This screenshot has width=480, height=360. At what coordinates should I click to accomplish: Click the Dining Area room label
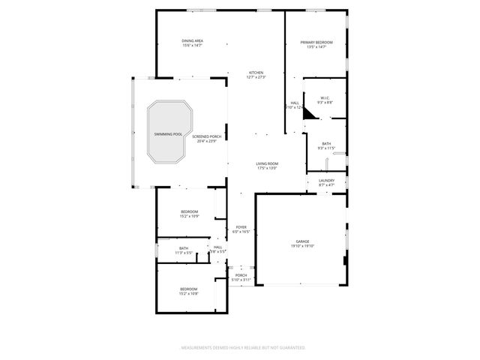coord(193,40)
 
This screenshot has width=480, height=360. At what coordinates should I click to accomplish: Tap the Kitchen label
coord(256,73)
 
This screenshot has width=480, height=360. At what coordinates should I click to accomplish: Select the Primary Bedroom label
coord(316,42)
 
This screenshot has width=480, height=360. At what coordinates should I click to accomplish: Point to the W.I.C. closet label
coord(325,97)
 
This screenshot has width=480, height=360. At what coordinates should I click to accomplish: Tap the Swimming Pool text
coord(168,134)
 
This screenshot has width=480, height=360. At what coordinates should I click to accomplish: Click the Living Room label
coord(267,163)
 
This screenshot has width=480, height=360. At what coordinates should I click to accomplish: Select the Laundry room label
coord(326,180)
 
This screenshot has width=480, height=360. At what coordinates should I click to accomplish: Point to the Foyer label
coord(241,227)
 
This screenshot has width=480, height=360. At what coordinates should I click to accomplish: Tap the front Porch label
coord(241,274)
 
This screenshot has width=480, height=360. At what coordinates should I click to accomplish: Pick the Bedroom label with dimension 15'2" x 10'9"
coord(189,212)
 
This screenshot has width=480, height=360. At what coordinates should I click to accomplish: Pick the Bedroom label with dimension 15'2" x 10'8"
coord(188,289)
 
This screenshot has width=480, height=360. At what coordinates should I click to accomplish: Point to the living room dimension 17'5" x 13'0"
coord(267,168)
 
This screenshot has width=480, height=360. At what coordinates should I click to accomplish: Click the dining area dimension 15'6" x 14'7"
coord(193,45)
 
